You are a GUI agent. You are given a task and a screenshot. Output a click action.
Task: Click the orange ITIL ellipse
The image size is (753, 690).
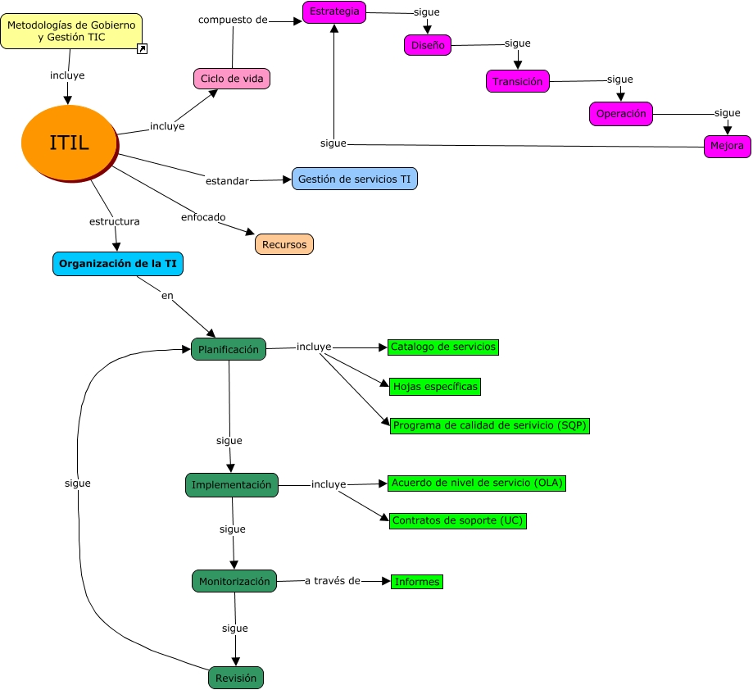tap(69, 143)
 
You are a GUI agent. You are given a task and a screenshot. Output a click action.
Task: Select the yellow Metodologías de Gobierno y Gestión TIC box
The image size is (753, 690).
tap(70, 31)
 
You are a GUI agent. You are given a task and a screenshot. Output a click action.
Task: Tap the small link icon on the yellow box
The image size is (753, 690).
tap(142, 49)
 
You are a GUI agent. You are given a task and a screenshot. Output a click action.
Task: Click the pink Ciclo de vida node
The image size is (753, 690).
tap(232, 79)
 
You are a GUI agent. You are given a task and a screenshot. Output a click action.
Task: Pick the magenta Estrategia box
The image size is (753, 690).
tap(333, 11)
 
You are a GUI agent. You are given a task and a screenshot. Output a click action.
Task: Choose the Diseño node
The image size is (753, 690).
tap(428, 45)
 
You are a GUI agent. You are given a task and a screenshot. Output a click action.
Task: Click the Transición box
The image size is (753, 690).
tap(518, 81)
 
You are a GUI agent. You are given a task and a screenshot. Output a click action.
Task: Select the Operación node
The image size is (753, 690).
tap(621, 114)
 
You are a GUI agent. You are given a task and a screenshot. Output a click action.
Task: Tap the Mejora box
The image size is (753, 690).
tap(728, 147)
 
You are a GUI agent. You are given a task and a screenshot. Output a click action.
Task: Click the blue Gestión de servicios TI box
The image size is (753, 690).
tap(355, 179)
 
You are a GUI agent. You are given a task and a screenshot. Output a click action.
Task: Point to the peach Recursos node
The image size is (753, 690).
tap(284, 244)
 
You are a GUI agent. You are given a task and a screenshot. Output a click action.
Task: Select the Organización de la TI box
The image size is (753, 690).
tap(118, 264)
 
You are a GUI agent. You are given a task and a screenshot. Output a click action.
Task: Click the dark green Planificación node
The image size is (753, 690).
tap(229, 349)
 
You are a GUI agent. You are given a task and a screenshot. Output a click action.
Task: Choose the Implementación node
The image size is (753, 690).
tap(232, 484)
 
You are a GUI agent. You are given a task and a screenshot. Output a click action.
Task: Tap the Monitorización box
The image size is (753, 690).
tap(234, 581)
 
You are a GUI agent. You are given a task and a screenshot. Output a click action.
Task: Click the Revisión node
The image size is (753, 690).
tap(236, 678)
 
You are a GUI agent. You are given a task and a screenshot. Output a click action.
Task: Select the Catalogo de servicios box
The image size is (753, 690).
tap(443, 347)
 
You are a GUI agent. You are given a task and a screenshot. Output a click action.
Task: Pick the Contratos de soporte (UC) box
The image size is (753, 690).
tap(458, 520)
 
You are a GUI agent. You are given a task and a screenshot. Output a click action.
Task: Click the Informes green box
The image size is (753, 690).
tap(417, 582)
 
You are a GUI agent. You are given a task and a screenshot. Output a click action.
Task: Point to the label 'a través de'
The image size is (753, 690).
tap(332, 581)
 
